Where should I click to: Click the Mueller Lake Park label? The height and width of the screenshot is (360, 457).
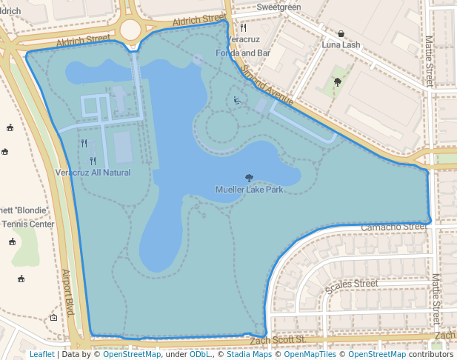[x=249, y=190]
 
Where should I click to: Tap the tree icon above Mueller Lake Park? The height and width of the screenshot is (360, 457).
[x=248, y=178]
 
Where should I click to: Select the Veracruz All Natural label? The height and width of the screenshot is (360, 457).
[x=93, y=173]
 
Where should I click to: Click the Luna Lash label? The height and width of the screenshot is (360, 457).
[x=341, y=45]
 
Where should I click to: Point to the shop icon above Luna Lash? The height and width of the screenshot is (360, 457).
[x=341, y=34]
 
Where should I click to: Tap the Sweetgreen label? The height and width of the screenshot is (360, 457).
[x=278, y=7]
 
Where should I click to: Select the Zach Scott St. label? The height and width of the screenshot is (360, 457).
[x=278, y=340]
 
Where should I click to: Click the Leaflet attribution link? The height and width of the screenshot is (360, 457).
[x=41, y=354]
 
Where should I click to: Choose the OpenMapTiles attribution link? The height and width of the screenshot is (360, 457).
[x=308, y=354]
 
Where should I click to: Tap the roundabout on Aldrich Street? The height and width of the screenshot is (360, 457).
[x=130, y=30]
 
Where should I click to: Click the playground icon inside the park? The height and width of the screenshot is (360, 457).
[x=236, y=101]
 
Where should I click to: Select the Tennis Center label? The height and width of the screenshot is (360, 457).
[x=30, y=224]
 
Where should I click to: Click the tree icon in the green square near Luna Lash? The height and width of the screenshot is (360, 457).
[x=338, y=82]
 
